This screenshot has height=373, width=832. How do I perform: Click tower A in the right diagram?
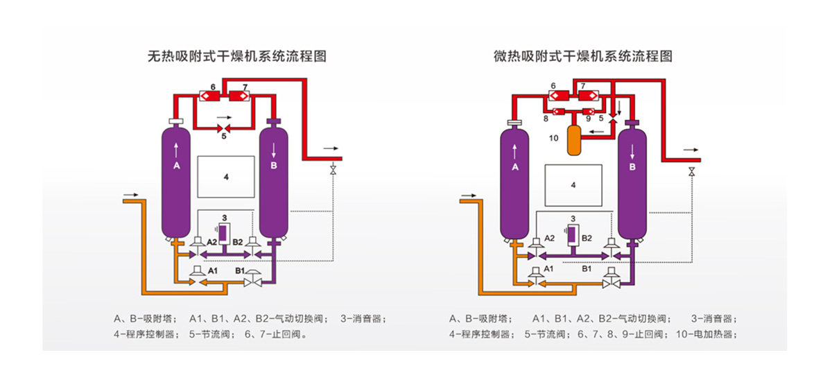point(515,184)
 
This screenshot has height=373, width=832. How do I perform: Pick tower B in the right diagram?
point(632,184)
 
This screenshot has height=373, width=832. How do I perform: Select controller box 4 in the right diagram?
point(573,185)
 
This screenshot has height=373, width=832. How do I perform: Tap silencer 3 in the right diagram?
point(573,232)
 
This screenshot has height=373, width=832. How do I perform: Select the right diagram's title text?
point(582,56)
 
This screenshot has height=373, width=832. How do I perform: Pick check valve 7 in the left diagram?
point(244,96)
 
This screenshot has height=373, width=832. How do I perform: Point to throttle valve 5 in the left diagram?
point(223,128)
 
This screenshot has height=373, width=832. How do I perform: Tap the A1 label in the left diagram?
point(214,270)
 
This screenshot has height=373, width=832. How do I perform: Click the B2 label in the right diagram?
point(586,238)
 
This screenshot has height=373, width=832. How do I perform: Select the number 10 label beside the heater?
point(553,138)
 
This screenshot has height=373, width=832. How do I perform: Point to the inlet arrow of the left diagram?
point(129,193)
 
